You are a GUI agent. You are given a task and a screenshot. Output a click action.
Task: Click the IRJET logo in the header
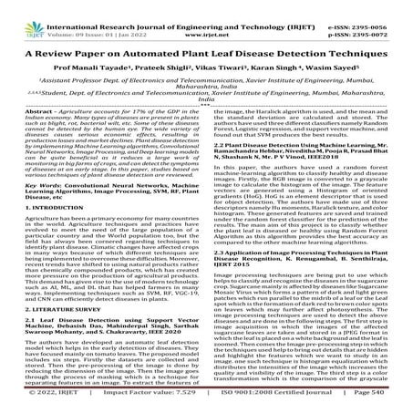point(25,14)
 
